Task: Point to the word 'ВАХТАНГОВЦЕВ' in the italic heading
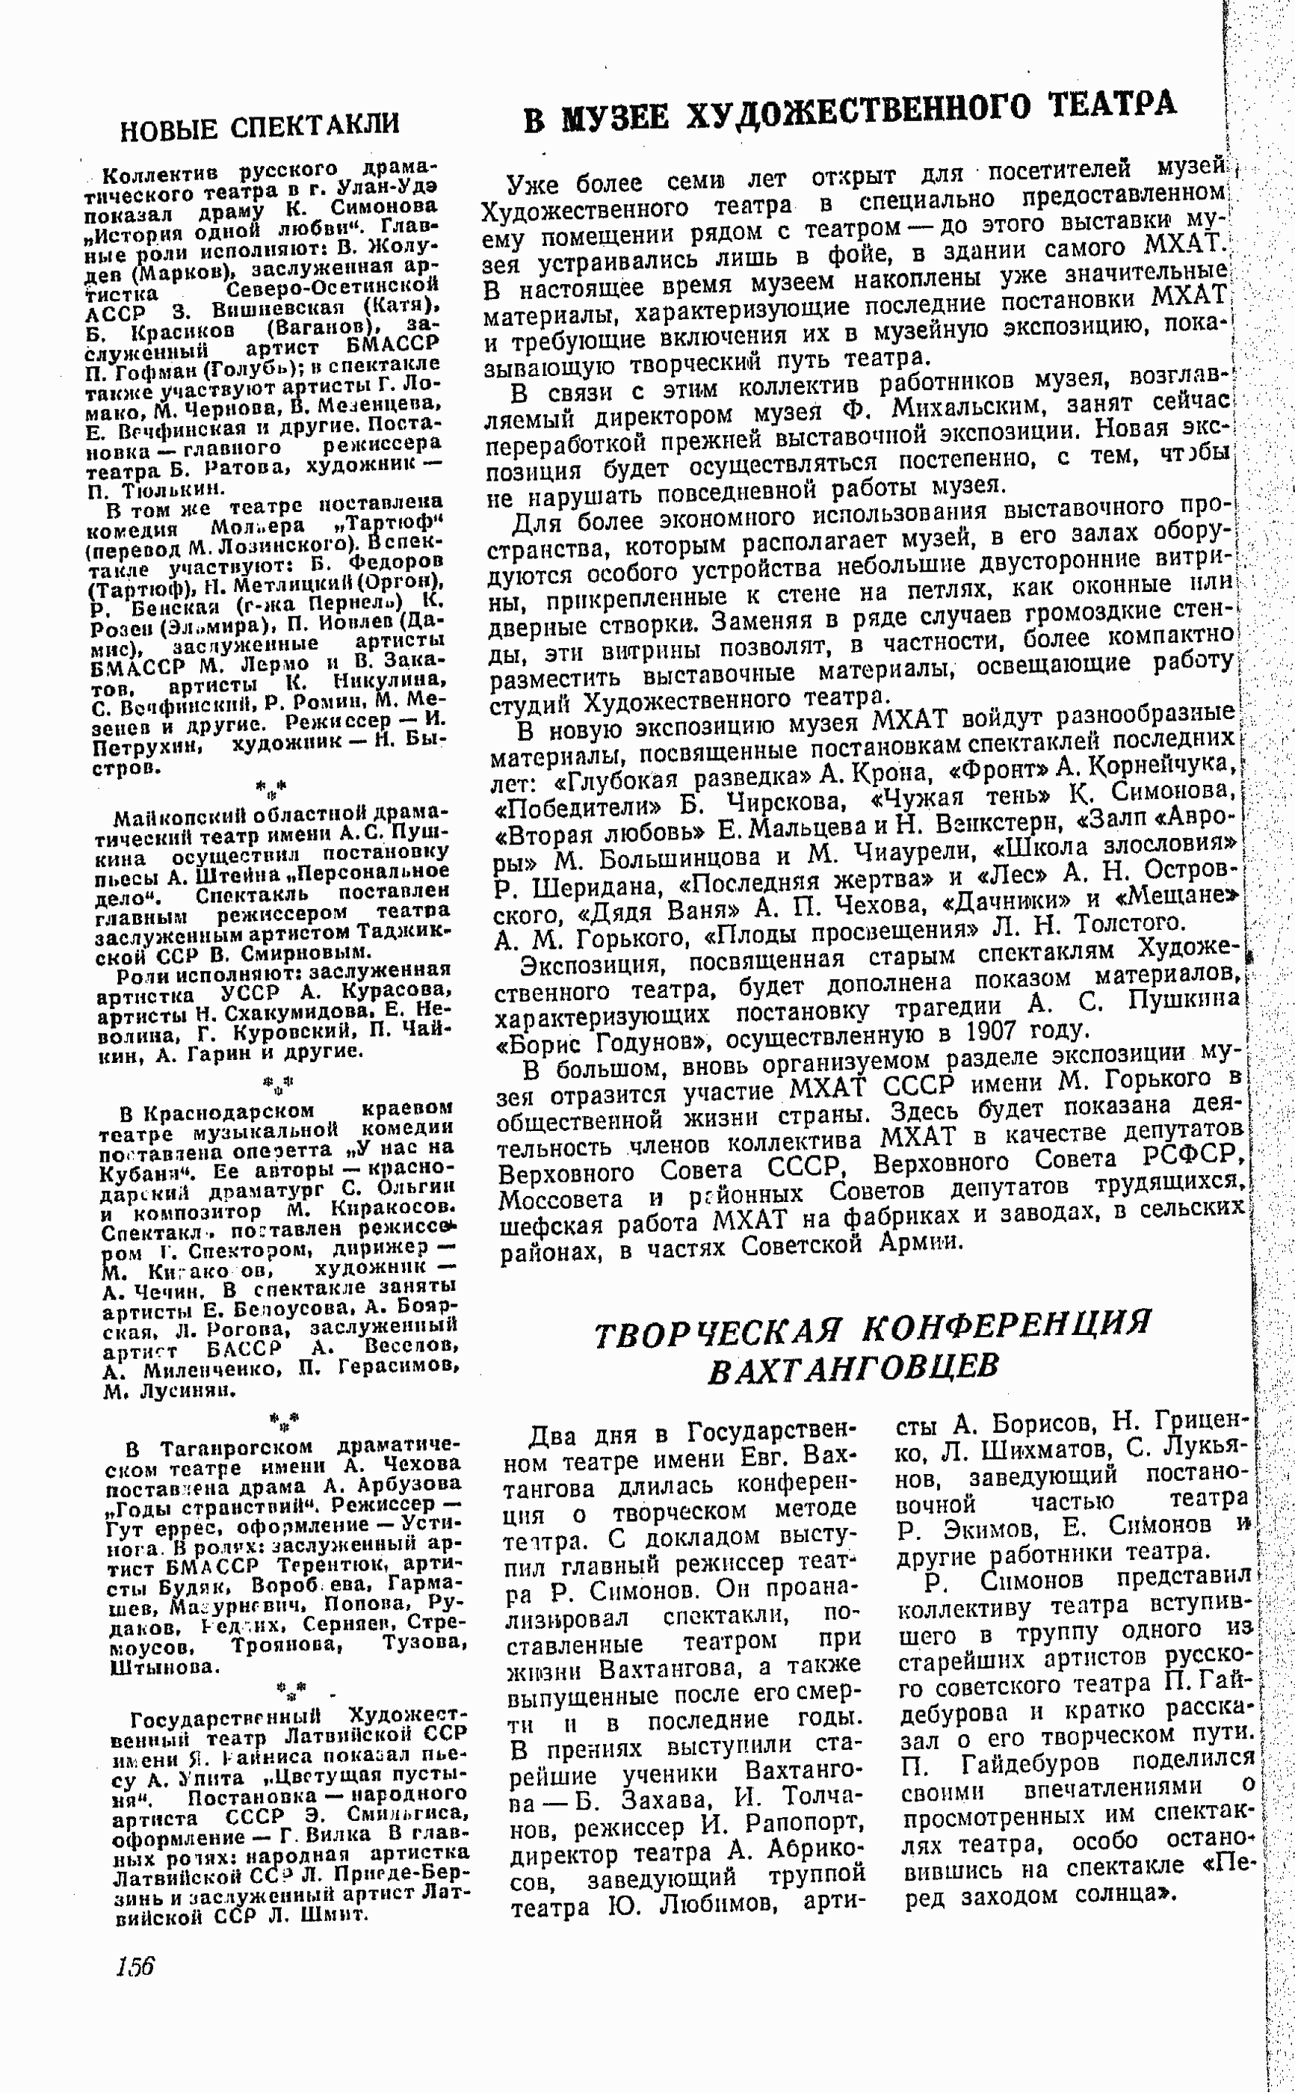pos(853,1367)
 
